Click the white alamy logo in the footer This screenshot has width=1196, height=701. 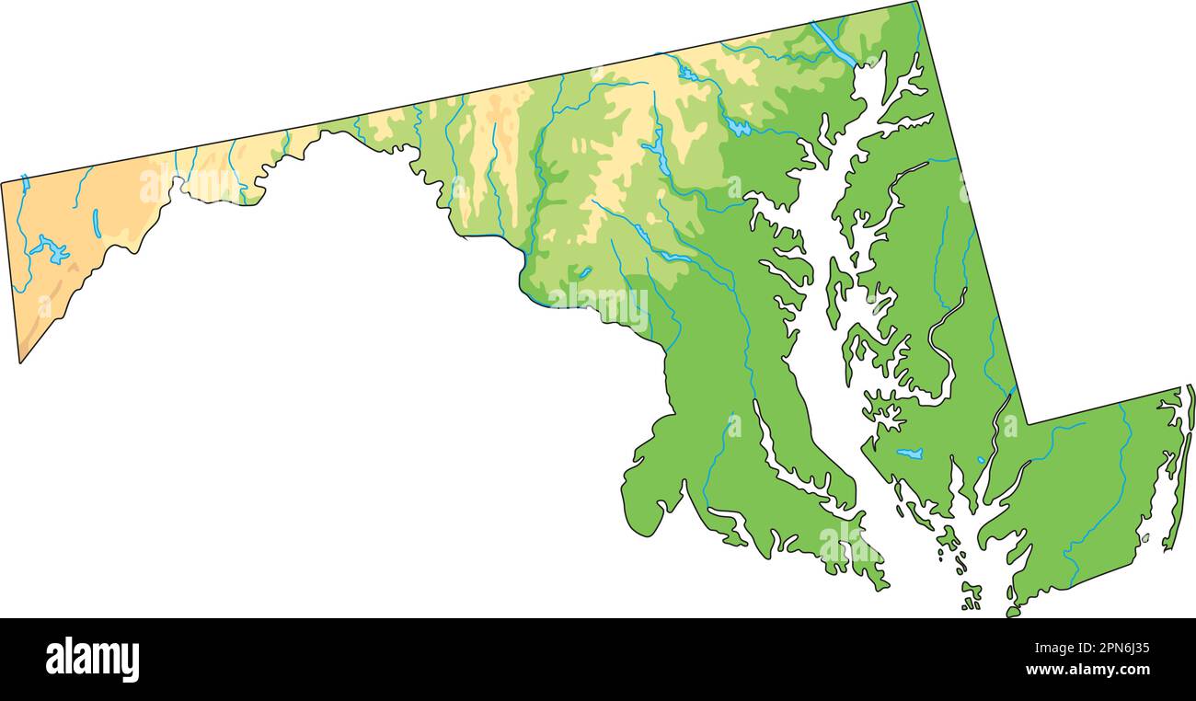(x=92, y=660)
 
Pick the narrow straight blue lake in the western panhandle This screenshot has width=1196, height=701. (x=97, y=224)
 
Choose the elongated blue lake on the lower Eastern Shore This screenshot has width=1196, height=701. (x=909, y=454)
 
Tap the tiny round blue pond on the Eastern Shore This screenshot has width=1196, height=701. (x=981, y=460)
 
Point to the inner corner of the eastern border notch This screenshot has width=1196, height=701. (x=1027, y=423)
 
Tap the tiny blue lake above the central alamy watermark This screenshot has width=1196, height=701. (x=585, y=272)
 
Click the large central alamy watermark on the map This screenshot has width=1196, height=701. (x=598, y=304)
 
